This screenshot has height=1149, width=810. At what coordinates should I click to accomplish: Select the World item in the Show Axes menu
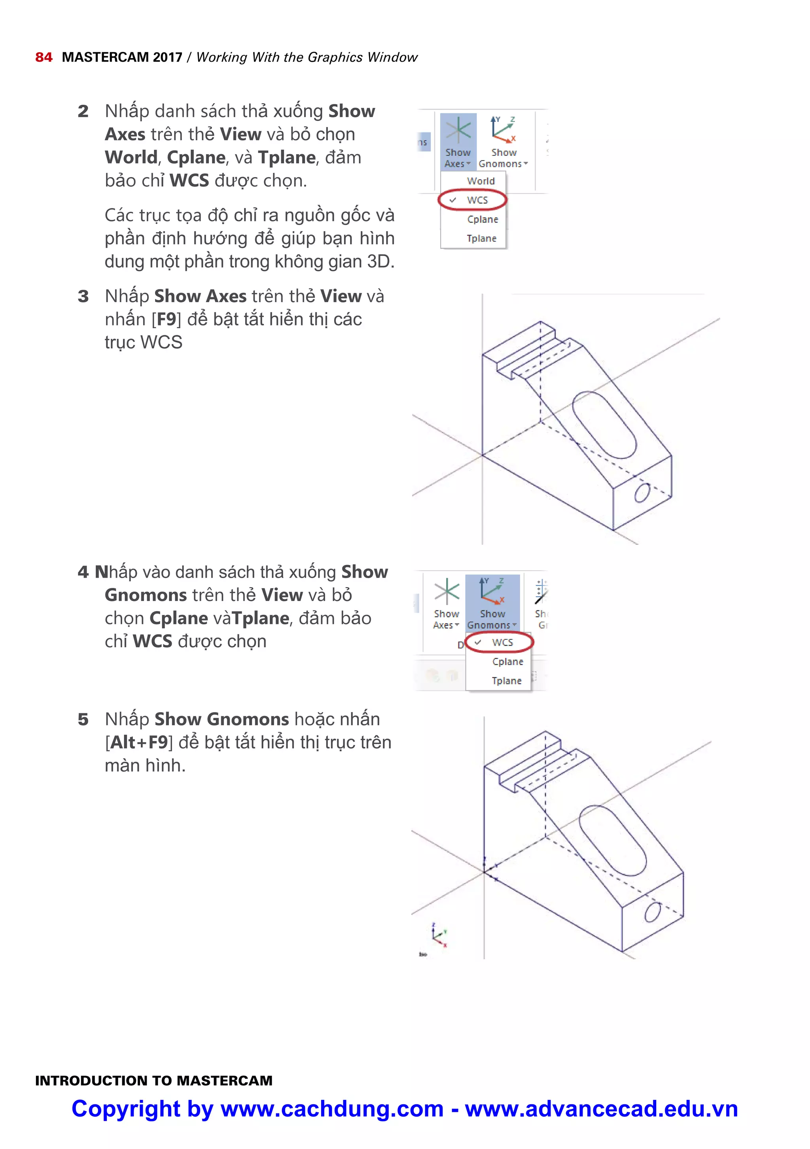tap(480, 181)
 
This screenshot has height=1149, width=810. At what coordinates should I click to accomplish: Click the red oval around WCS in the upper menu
tap(473, 200)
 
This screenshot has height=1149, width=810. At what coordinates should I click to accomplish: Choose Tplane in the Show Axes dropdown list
tap(481, 239)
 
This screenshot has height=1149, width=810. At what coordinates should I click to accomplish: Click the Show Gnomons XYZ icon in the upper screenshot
tap(503, 130)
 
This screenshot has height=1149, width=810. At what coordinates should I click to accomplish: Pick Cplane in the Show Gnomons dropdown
tap(507, 661)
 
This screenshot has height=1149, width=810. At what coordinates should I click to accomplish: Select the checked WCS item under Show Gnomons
tap(502, 643)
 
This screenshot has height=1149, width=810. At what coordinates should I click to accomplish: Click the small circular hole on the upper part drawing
tap(642, 493)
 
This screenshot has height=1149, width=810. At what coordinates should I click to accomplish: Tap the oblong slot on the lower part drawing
tap(612, 841)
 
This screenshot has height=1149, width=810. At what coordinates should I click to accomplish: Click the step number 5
tap(83, 720)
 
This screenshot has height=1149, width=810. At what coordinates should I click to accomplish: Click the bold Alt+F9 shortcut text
tap(139, 743)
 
